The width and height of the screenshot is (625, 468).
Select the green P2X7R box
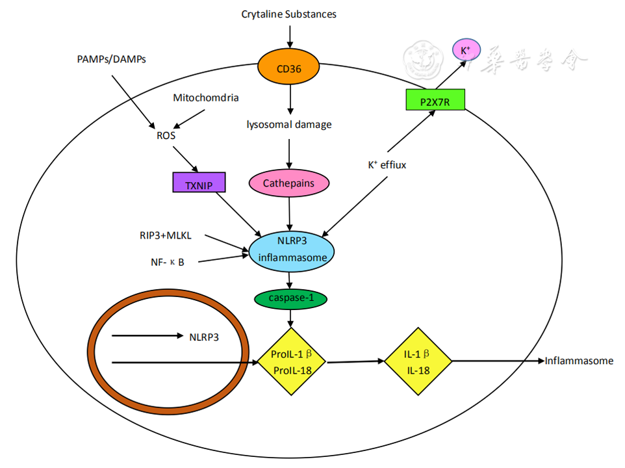point(435,100)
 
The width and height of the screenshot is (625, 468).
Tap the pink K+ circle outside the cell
point(466,50)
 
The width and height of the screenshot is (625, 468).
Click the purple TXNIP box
point(199,183)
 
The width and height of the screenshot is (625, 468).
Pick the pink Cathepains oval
point(288,183)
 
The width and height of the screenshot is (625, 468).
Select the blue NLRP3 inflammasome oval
point(292,249)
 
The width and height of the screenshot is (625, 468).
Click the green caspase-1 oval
point(290,299)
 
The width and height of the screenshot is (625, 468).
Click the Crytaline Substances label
point(289,14)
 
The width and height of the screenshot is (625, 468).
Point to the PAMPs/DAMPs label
point(111,60)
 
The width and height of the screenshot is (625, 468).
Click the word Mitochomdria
point(205,98)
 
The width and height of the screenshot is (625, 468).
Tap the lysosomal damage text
point(289,124)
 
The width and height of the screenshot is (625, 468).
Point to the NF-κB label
point(168,263)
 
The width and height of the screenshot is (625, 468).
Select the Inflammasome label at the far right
point(579,361)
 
